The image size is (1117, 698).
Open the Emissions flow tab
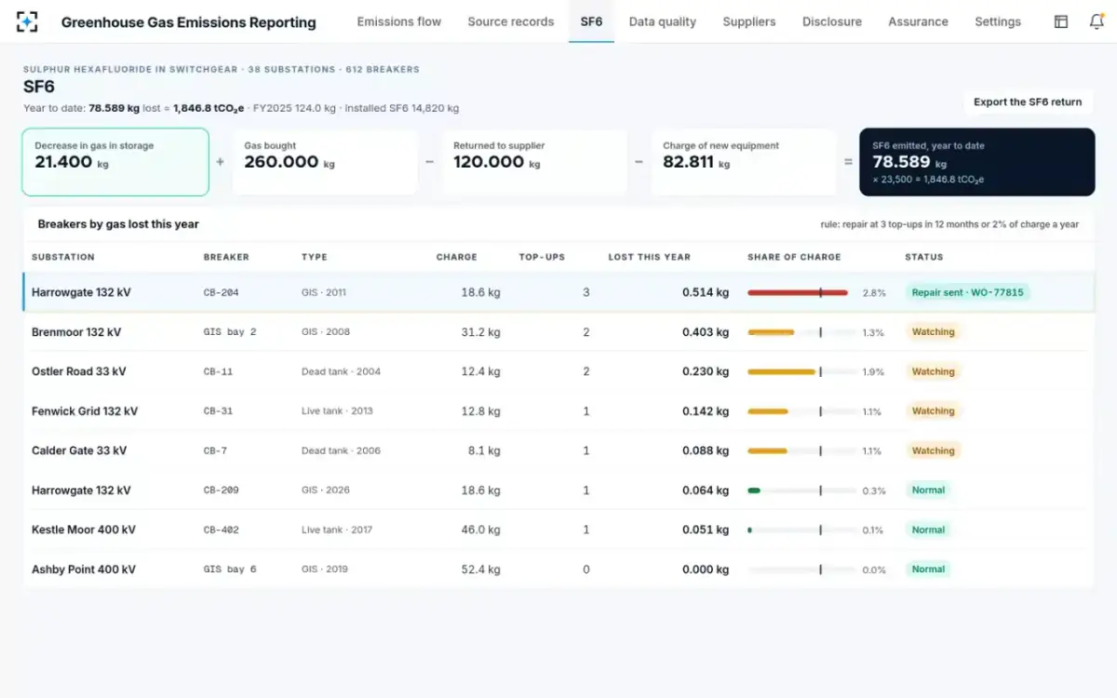[399, 22]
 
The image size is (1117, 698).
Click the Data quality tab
[662, 22]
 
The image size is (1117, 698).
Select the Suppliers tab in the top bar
[749, 22]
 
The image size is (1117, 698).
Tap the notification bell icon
[1097, 21]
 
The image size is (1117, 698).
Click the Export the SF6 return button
[1028, 102]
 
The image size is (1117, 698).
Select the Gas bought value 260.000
[281, 162]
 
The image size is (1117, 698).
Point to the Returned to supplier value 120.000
[488, 162]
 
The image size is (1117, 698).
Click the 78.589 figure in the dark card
[901, 162]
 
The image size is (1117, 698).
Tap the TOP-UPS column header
[542, 257]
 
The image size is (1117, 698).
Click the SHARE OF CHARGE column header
[794, 257]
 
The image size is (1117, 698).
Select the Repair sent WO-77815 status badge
[967, 292]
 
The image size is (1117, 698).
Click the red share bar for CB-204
[798, 292]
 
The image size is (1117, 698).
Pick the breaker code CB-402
[221, 530]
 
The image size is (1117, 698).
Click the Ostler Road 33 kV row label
[79, 371]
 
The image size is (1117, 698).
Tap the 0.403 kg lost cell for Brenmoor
[706, 332]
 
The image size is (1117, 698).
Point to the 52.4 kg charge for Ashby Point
[480, 570]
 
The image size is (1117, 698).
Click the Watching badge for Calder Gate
[933, 450]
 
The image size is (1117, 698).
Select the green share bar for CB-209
[753, 490]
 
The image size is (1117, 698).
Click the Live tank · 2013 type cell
[337, 411]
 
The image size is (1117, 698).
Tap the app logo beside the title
[27, 22]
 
